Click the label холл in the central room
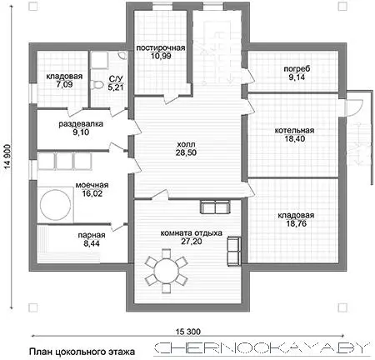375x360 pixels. [x=186, y=144]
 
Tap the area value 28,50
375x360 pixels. [x=186, y=152]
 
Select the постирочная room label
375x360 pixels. [x=161, y=47]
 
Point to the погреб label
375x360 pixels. [x=297, y=69]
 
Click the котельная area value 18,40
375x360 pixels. [x=295, y=138]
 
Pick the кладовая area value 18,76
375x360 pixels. [x=297, y=223]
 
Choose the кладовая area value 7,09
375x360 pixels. [x=64, y=84]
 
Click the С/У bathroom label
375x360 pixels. [x=116, y=79]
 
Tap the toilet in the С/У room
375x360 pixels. [x=95, y=85]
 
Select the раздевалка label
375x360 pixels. [x=81, y=124]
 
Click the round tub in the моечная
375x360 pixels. [x=55, y=205]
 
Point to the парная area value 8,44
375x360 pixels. [x=92, y=243]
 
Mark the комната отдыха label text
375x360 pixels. [x=192, y=232]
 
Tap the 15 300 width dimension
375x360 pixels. [x=188, y=332]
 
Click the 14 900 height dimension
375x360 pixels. [x=8, y=157]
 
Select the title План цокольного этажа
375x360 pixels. [x=82, y=352]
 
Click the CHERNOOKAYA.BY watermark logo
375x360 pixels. [x=262, y=348]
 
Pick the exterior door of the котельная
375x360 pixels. [x=353, y=107]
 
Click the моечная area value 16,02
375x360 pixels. [x=92, y=193]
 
